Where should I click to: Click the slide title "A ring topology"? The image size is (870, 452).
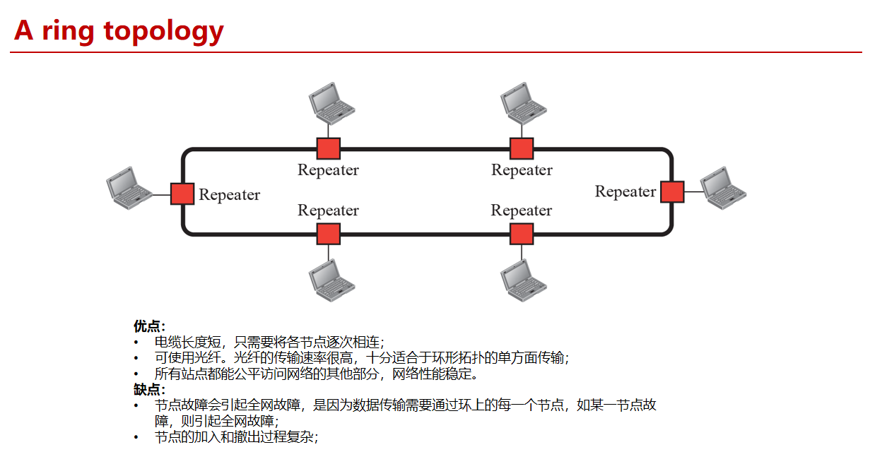(x=119, y=30)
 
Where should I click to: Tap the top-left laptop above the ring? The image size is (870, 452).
(x=331, y=102)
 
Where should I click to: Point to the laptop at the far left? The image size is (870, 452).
(x=129, y=187)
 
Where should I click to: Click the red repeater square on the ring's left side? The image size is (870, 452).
(x=182, y=194)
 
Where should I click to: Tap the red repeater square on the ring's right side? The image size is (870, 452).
(x=672, y=191)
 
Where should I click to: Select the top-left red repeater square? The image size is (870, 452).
(x=328, y=148)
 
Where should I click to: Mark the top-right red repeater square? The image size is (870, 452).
(x=522, y=148)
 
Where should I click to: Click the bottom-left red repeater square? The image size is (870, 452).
(x=328, y=234)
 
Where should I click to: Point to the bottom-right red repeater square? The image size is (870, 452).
(x=522, y=234)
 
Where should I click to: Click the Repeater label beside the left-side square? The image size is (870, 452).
(x=229, y=195)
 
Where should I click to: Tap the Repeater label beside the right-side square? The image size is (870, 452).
(x=625, y=192)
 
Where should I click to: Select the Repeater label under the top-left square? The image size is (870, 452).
(x=328, y=170)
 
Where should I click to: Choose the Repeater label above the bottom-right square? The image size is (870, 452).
(x=522, y=211)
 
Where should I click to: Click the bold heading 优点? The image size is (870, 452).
(x=149, y=326)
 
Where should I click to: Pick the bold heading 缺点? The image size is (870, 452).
(x=149, y=389)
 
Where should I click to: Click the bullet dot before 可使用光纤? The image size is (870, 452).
(x=136, y=358)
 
